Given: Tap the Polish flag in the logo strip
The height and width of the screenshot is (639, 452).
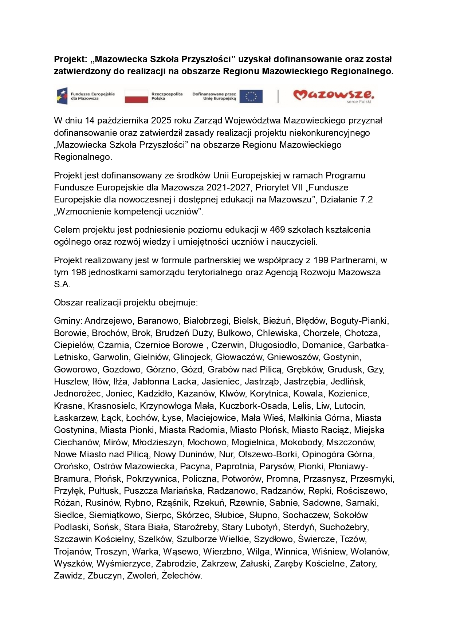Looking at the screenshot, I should [136, 96].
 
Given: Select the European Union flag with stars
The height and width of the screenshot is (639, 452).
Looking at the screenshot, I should [251, 96].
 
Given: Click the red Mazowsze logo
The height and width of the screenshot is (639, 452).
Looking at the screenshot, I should [333, 95].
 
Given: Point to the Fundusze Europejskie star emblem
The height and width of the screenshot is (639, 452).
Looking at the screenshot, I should [62, 96].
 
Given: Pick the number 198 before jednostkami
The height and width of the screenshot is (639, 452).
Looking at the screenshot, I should [79, 272].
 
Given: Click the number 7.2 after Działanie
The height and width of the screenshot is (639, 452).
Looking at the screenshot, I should [365, 200].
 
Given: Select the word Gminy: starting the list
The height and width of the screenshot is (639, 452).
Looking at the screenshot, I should [68, 321].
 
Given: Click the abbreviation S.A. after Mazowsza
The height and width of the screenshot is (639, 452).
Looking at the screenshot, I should [62, 285].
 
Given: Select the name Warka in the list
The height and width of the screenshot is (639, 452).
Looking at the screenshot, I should [146, 552].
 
